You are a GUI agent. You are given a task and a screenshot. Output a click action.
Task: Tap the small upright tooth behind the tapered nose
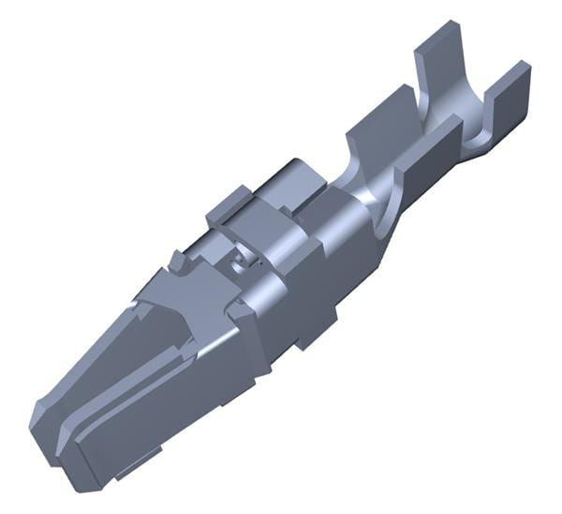[x=176, y=264]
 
